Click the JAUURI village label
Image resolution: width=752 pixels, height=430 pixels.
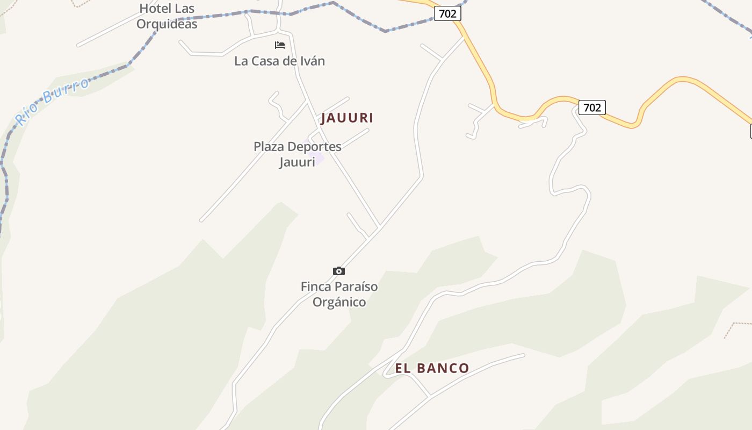[x=347, y=118]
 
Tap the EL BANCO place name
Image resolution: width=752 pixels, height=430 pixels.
[x=432, y=368]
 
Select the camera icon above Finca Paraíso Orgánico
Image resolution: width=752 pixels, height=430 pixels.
[x=338, y=271]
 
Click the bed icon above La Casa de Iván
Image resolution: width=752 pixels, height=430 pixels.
[x=280, y=45]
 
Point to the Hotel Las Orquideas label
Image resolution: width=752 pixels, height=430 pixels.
[x=167, y=16]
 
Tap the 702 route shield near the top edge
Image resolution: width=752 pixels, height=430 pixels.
[x=447, y=13]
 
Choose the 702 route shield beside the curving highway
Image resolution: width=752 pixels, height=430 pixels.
[x=592, y=107]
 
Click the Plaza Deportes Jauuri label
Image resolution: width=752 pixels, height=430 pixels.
[x=297, y=154]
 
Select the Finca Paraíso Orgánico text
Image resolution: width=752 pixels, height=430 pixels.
[x=339, y=294]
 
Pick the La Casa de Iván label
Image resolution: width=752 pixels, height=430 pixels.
[x=279, y=61]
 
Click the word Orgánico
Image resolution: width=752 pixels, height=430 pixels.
[x=339, y=302]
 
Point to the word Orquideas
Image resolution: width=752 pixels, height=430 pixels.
[x=167, y=24]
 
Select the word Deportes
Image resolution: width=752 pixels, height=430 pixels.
[x=314, y=147]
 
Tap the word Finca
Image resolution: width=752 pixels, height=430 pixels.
[x=316, y=286]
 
